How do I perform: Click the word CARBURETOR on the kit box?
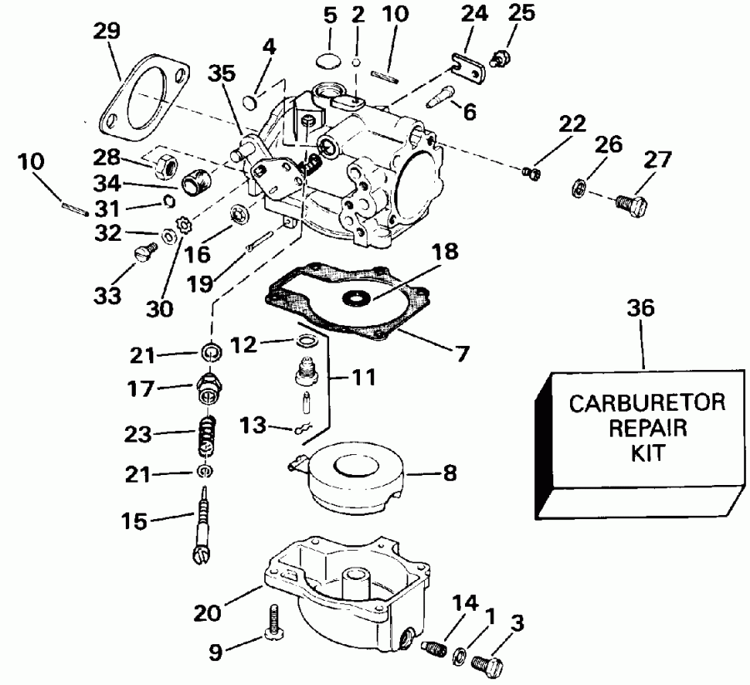[646, 403]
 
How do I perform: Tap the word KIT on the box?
[645, 456]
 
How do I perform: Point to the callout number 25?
[522, 12]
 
